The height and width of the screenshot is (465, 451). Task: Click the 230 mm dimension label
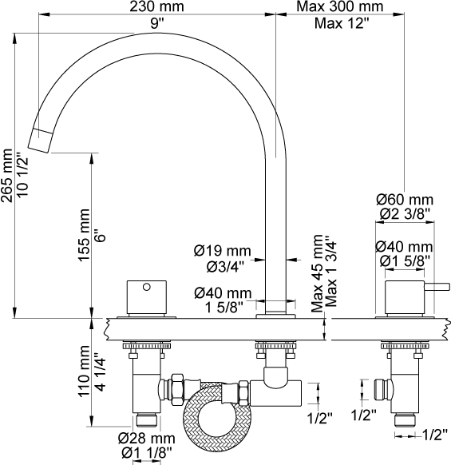point(156,6)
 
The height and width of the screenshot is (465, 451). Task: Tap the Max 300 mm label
point(340,6)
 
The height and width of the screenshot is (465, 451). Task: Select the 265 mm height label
point(7,176)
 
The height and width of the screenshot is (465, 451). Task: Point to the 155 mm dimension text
point(84,235)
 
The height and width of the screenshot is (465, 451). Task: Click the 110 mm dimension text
point(84,371)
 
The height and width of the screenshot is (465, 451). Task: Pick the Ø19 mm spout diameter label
point(223,251)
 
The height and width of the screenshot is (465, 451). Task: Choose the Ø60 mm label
point(405,200)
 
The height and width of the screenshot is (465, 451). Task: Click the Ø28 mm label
point(147,439)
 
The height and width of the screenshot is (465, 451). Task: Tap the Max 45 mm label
point(317,273)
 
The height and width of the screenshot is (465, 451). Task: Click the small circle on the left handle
point(147,287)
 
